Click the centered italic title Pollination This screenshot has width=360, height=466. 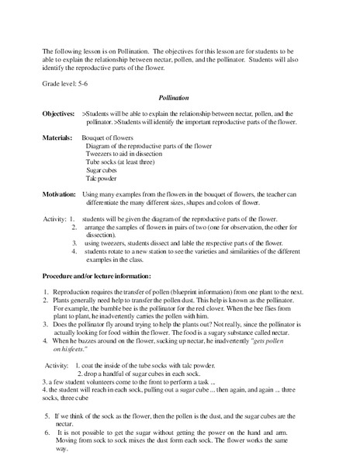179,99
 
